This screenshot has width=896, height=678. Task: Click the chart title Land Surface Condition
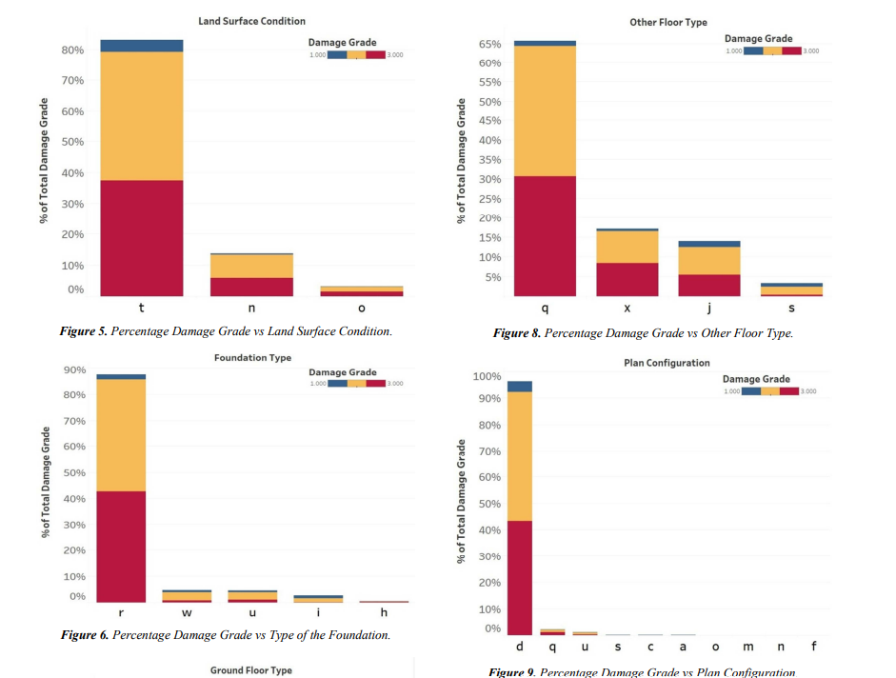251,21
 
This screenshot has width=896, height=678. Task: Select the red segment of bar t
142,238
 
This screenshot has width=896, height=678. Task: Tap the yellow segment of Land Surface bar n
251,266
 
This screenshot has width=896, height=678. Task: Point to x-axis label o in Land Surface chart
361,309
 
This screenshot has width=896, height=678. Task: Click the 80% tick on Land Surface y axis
72,50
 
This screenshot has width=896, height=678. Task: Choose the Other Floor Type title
668,22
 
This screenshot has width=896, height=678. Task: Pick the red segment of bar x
627,279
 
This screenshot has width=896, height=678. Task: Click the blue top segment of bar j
708,244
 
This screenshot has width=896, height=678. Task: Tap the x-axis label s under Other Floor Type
791,309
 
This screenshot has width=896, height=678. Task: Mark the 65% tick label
489,44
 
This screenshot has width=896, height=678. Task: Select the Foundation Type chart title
252,358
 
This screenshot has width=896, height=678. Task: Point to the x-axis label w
187,612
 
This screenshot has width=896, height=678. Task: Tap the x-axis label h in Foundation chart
384,612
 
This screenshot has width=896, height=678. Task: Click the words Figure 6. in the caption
85,635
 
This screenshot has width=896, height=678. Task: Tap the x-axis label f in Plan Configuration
813,648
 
